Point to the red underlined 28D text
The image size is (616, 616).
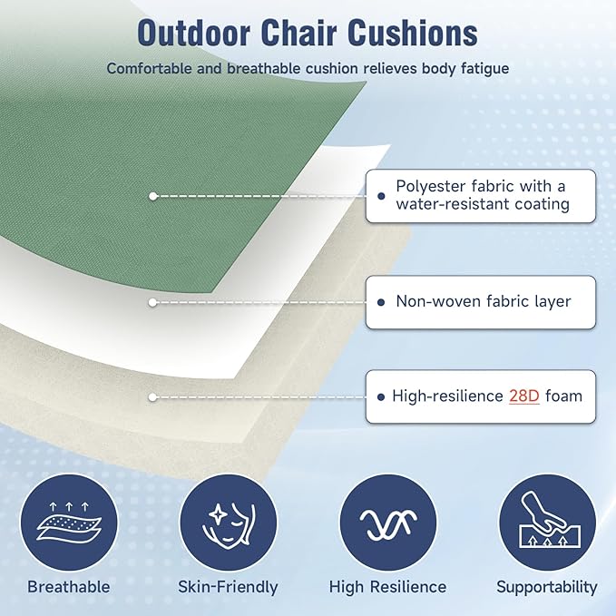point(524,396)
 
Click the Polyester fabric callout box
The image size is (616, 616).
point(481,195)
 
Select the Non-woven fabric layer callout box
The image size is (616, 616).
point(481,301)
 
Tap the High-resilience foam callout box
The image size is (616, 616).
point(481,396)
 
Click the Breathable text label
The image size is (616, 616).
point(69,587)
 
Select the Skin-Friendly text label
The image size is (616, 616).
point(228,587)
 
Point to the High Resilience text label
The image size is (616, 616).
point(387,587)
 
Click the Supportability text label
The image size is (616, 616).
point(547,587)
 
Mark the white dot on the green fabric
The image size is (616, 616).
point(153,195)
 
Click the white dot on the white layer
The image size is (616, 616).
point(153,301)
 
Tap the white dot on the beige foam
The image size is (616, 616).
point(153,396)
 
